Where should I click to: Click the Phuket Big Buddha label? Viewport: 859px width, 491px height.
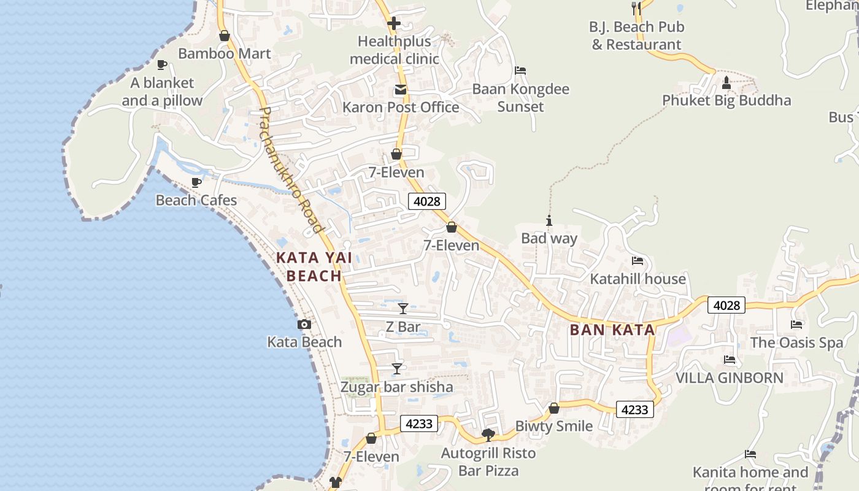point(726,101)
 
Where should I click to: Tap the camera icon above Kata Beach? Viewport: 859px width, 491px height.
point(304,324)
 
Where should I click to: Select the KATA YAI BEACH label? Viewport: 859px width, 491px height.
point(314,266)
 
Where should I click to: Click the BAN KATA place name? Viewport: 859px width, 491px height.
point(612,330)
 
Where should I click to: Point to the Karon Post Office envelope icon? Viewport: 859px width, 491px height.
point(400,90)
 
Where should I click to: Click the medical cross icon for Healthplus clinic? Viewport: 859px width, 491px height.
point(394,24)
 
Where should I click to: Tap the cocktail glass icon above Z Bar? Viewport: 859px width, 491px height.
point(403,308)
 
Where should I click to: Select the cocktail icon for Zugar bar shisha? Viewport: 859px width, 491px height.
point(397,368)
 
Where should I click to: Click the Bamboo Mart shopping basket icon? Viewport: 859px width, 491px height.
point(225,36)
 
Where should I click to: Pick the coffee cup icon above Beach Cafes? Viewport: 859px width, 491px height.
point(196,182)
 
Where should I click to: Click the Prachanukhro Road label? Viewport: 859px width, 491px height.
point(291,170)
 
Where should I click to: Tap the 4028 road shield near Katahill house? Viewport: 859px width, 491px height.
point(726,305)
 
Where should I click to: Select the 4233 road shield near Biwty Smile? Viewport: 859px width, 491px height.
point(634,409)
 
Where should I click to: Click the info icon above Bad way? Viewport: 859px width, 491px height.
point(549,220)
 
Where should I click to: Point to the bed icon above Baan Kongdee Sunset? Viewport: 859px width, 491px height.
point(520,71)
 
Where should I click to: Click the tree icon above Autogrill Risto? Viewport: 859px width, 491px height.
point(488,435)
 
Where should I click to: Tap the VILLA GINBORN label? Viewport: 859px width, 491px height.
point(730,378)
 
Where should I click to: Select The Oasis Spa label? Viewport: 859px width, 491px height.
point(796,342)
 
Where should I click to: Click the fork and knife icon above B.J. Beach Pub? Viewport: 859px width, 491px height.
point(636,8)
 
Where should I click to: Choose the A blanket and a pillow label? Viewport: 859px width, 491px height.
point(162,91)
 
